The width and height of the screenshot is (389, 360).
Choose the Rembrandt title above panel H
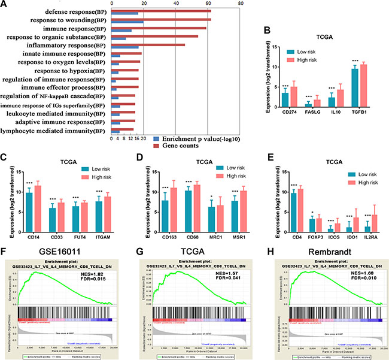coord(328,250)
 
